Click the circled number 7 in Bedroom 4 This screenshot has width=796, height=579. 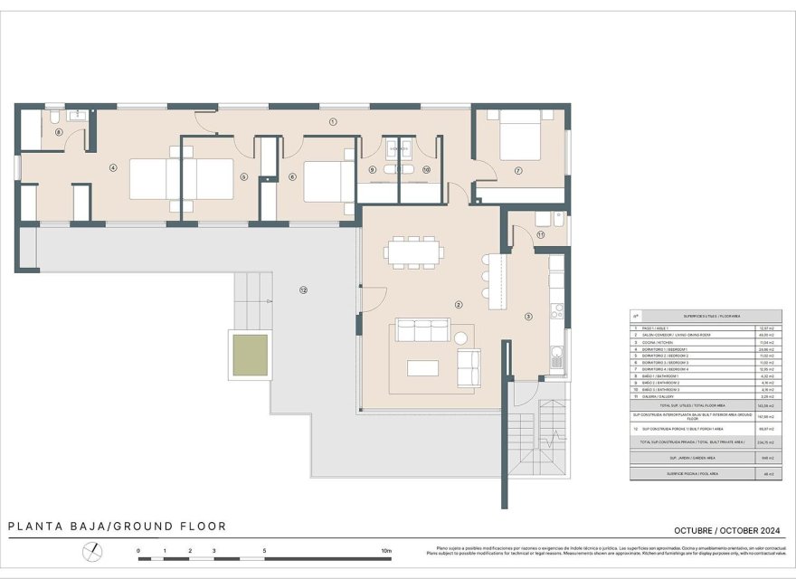coord(518,170)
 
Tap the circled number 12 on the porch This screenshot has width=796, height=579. coord(303,289)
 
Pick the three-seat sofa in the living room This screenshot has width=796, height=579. coord(422,330)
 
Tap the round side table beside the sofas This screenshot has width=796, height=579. coord(460,337)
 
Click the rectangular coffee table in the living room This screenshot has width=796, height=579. coord(423,368)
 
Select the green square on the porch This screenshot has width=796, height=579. coord(251,355)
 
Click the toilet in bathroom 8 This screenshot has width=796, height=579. coord(55,119)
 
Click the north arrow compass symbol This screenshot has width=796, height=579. coord(92,551)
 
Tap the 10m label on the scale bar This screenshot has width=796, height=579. coord(386,550)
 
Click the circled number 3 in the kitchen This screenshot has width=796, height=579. coord(529,316)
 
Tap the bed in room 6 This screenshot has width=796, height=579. coord(328,181)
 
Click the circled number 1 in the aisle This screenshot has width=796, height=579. coord(333,121)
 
